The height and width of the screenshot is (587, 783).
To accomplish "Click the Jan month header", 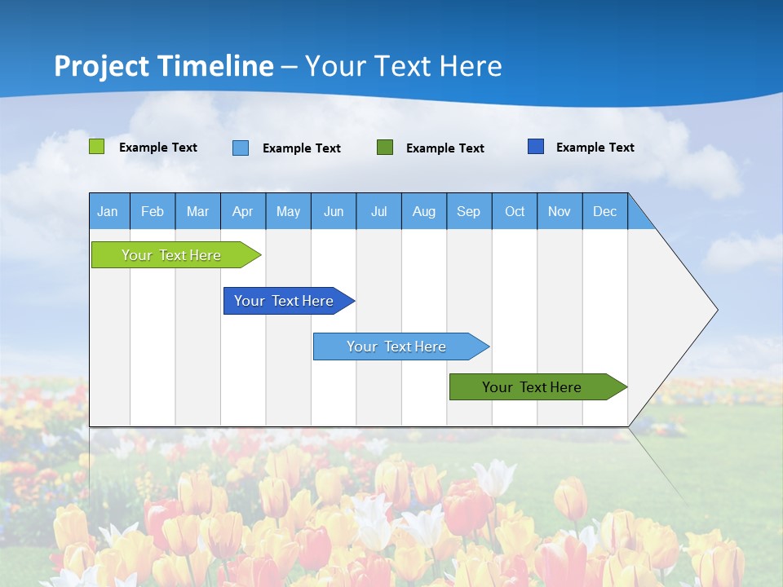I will click(108, 211).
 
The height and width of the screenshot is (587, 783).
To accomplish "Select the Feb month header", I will click(153, 211).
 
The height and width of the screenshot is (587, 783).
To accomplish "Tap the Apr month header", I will click(243, 211).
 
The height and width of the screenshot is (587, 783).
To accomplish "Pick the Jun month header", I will click(334, 211).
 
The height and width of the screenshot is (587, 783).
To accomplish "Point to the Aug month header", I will click(424, 211).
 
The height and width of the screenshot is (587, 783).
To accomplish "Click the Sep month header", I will click(469, 211).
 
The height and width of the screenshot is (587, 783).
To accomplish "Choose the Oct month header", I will click(515, 211).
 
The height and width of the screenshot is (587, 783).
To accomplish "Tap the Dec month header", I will click(605, 211).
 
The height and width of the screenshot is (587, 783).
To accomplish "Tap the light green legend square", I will click(97, 147).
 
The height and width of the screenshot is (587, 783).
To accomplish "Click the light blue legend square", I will click(241, 148).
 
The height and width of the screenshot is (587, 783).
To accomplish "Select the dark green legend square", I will click(385, 148).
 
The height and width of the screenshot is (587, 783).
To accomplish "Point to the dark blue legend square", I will click(536, 147).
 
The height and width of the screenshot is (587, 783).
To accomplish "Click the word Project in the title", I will click(101, 66).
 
